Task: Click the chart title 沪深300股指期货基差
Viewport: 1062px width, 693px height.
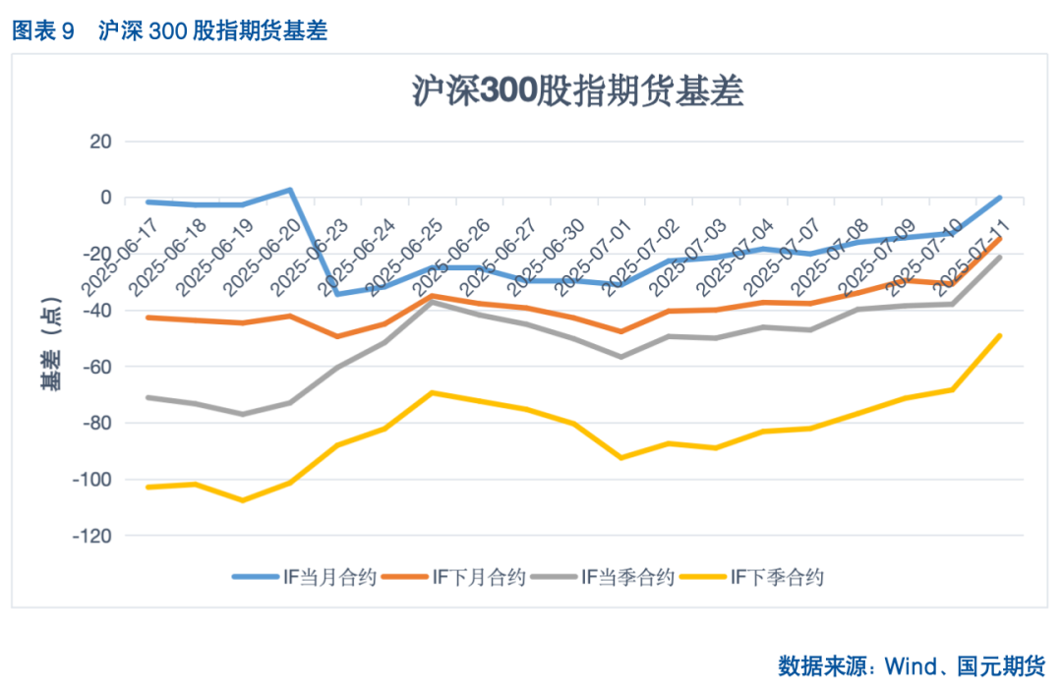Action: pos(577,91)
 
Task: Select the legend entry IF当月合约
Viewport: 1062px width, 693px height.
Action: pos(305,577)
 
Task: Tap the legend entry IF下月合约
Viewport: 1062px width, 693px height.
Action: pos(454,577)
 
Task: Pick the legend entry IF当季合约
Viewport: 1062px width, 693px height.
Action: pos(603,577)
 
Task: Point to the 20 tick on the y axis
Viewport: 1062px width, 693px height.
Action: pos(101,142)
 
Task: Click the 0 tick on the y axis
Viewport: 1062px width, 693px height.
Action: pos(105,198)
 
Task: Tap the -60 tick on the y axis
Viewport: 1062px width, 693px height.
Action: pos(97,367)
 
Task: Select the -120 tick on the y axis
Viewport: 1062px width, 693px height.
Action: pos(93,536)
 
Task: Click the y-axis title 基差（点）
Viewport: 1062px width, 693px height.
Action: pos(51,339)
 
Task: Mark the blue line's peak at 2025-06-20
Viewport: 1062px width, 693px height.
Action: pos(291,190)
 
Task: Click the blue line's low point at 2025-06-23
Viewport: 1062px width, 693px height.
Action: pos(337,294)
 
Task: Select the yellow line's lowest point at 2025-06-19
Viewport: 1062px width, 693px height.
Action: pos(243,500)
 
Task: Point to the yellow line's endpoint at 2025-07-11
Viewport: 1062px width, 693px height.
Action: pos(1000,335)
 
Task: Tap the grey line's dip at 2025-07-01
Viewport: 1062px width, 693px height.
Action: pos(620,357)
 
